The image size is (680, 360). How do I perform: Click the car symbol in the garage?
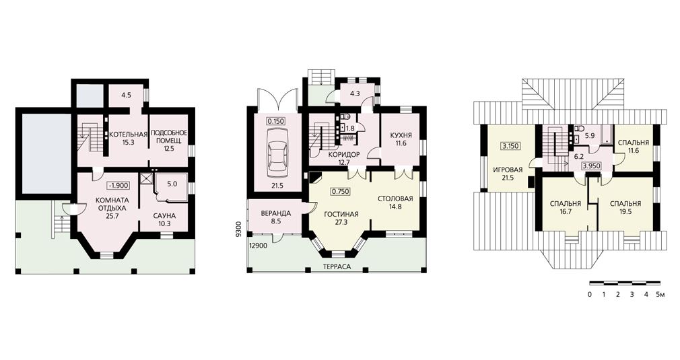coord(276,155)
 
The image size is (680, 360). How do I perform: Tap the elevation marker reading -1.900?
coord(118,186)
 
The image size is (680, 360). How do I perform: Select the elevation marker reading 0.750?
coord(341,191)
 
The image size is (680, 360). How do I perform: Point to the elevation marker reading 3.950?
coord(591,166)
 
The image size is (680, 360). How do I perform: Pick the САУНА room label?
coord(164,216)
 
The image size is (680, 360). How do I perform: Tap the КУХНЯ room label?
coord(401,135)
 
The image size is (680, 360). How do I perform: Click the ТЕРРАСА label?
coord(337,267)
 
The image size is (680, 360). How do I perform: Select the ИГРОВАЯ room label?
coord(508,170)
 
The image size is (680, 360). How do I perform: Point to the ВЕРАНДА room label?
coord(276,213)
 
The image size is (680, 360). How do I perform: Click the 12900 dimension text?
coord(258,246)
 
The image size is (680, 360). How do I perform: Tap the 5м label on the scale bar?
coord(660,295)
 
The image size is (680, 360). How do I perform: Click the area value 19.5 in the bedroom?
coord(625,212)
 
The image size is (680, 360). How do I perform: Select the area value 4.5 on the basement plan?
coord(126,96)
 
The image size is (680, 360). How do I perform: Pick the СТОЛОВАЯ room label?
coord(395,199)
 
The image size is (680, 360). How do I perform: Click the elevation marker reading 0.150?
coord(276,121)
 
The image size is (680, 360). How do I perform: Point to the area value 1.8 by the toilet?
coord(351,129)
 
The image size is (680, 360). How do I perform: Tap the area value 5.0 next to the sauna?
coord(172,184)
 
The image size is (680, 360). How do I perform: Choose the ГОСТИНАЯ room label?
coord(341,214)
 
